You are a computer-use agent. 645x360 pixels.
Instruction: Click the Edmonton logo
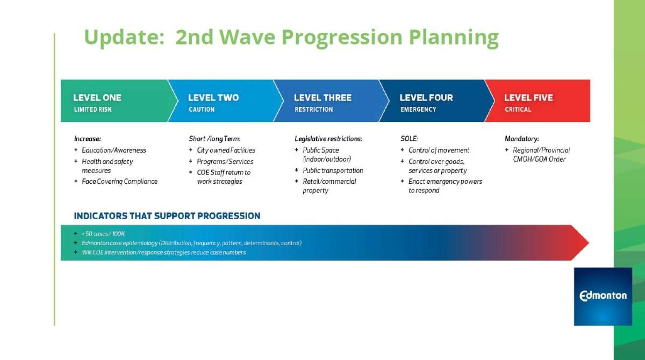tap(603, 297)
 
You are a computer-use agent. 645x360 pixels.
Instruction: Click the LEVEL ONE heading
tap(97, 98)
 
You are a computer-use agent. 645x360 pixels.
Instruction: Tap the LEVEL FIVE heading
tap(528, 98)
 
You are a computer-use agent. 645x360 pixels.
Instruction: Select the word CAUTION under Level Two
tap(202, 110)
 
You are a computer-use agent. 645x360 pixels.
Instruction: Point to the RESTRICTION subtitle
tap(313, 110)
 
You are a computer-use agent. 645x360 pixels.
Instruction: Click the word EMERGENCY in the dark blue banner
tap(418, 110)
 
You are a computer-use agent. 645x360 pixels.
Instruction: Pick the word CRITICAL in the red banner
tap(518, 110)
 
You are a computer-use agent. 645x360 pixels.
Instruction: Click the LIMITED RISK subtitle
tap(92, 110)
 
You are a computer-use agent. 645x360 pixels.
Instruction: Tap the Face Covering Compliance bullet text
tap(120, 182)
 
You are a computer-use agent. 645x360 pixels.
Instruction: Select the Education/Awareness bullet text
tap(114, 150)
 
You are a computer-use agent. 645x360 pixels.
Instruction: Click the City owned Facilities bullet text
tap(226, 150)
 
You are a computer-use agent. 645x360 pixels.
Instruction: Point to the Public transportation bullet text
tap(333, 171)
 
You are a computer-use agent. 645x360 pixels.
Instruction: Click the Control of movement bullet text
tap(439, 150)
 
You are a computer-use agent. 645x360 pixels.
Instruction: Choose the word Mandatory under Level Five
tap(521, 139)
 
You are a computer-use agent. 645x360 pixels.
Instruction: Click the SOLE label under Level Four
tap(409, 139)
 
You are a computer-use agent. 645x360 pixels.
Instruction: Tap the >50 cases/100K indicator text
tap(103, 234)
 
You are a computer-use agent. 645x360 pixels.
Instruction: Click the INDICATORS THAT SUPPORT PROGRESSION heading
tap(167, 216)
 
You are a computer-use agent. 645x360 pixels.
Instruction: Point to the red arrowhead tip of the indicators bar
tap(589, 243)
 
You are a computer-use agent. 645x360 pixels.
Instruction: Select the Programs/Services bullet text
tap(225, 162)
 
